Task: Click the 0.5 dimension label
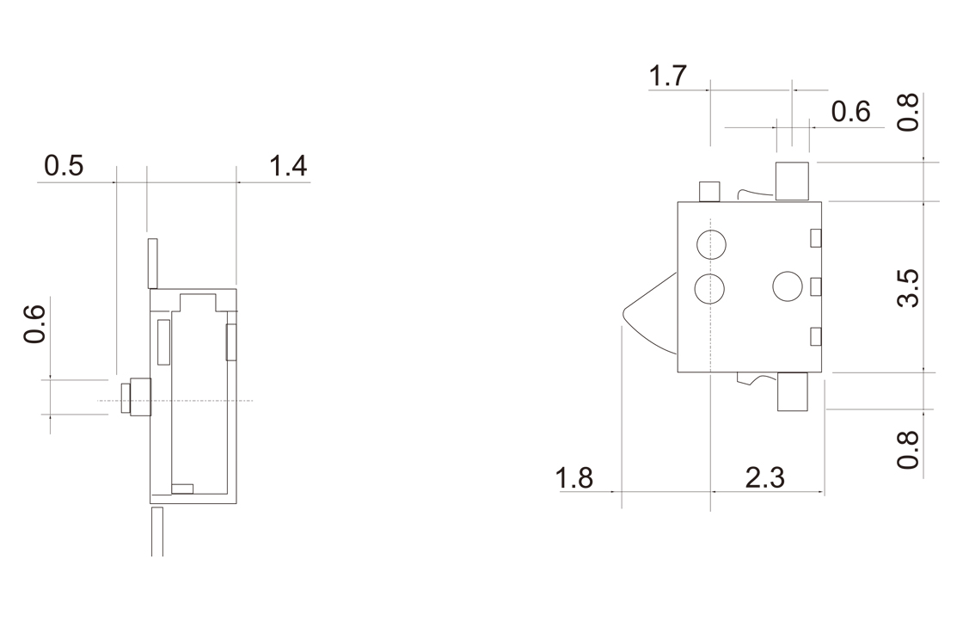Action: [x=64, y=166]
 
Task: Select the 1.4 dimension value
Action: [x=288, y=166]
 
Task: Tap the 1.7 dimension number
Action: [x=667, y=77]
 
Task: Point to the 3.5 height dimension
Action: [x=908, y=287]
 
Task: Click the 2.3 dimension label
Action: [x=765, y=478]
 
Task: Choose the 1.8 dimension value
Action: [x=574, y=478]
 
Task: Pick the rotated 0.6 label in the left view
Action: [x=34, y=323]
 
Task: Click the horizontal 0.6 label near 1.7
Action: [x=850, y=112]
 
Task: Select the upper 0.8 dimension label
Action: [x=908, y=113]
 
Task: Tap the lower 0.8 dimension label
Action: [x=908, y=450]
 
